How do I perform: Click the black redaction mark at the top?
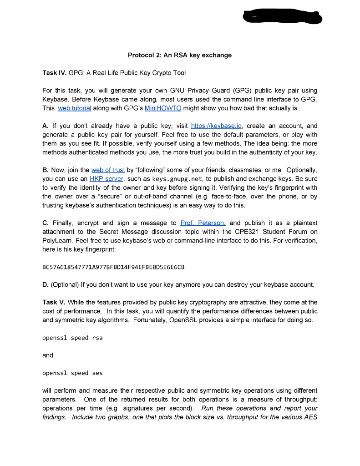tap(282, 17)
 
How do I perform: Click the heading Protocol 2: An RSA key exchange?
tap(180, 55)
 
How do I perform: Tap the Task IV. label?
tap(55, 73)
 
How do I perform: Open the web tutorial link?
tap(75, 108)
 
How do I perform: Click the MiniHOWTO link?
tap(163, 108)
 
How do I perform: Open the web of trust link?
tap(108, 170)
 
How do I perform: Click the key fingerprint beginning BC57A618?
tap(113, 267)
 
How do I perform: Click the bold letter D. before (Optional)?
tap(46, 285)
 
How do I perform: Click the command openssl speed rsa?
tap(72, 338)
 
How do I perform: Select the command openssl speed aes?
tap(72, 373)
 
